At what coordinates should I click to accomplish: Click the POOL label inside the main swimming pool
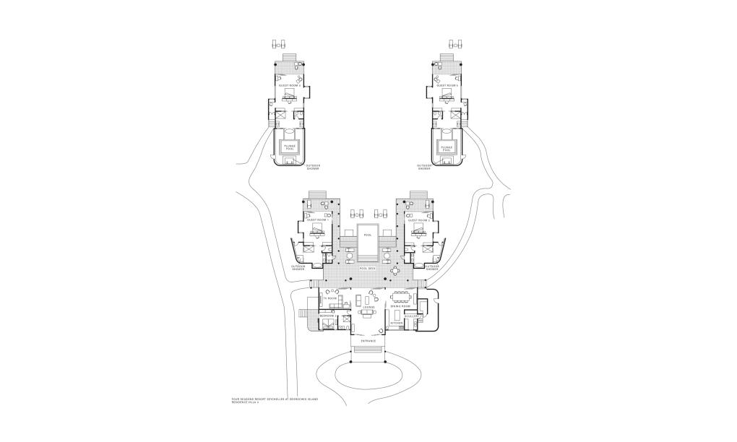click(x=367, y=235)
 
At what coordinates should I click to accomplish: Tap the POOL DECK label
click(x=367, y=269)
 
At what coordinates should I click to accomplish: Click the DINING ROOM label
click(x=400, y=306)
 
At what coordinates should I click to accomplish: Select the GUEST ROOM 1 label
click(x=318, y=220)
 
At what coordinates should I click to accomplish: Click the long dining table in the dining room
click(x=402, y=295)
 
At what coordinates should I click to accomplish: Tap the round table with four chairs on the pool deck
click(x=395, y=271)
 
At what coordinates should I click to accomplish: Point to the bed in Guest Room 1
click(x=317, y=230)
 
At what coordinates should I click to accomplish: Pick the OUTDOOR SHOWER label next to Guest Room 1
click(x=298, y=266)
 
